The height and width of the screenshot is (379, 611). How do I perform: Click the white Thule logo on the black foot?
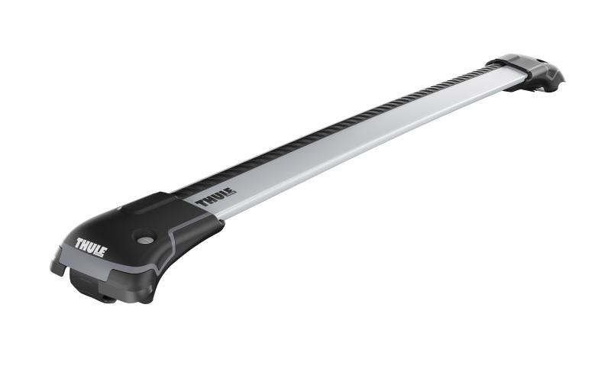[x=91, y=247]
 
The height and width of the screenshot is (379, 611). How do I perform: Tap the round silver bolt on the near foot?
[x=144, y=238]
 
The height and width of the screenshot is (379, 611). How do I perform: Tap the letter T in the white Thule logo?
[x=79, y=242]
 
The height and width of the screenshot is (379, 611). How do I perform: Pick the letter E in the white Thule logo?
[x=102, y=251]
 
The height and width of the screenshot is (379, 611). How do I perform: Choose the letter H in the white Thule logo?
[x=86, y=245]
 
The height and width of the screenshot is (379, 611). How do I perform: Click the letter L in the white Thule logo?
[x=97, y=249]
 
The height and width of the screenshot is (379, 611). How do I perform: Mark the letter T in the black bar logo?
[x=202, y=202]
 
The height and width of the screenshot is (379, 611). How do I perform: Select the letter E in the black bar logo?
[x=231, y=192]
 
